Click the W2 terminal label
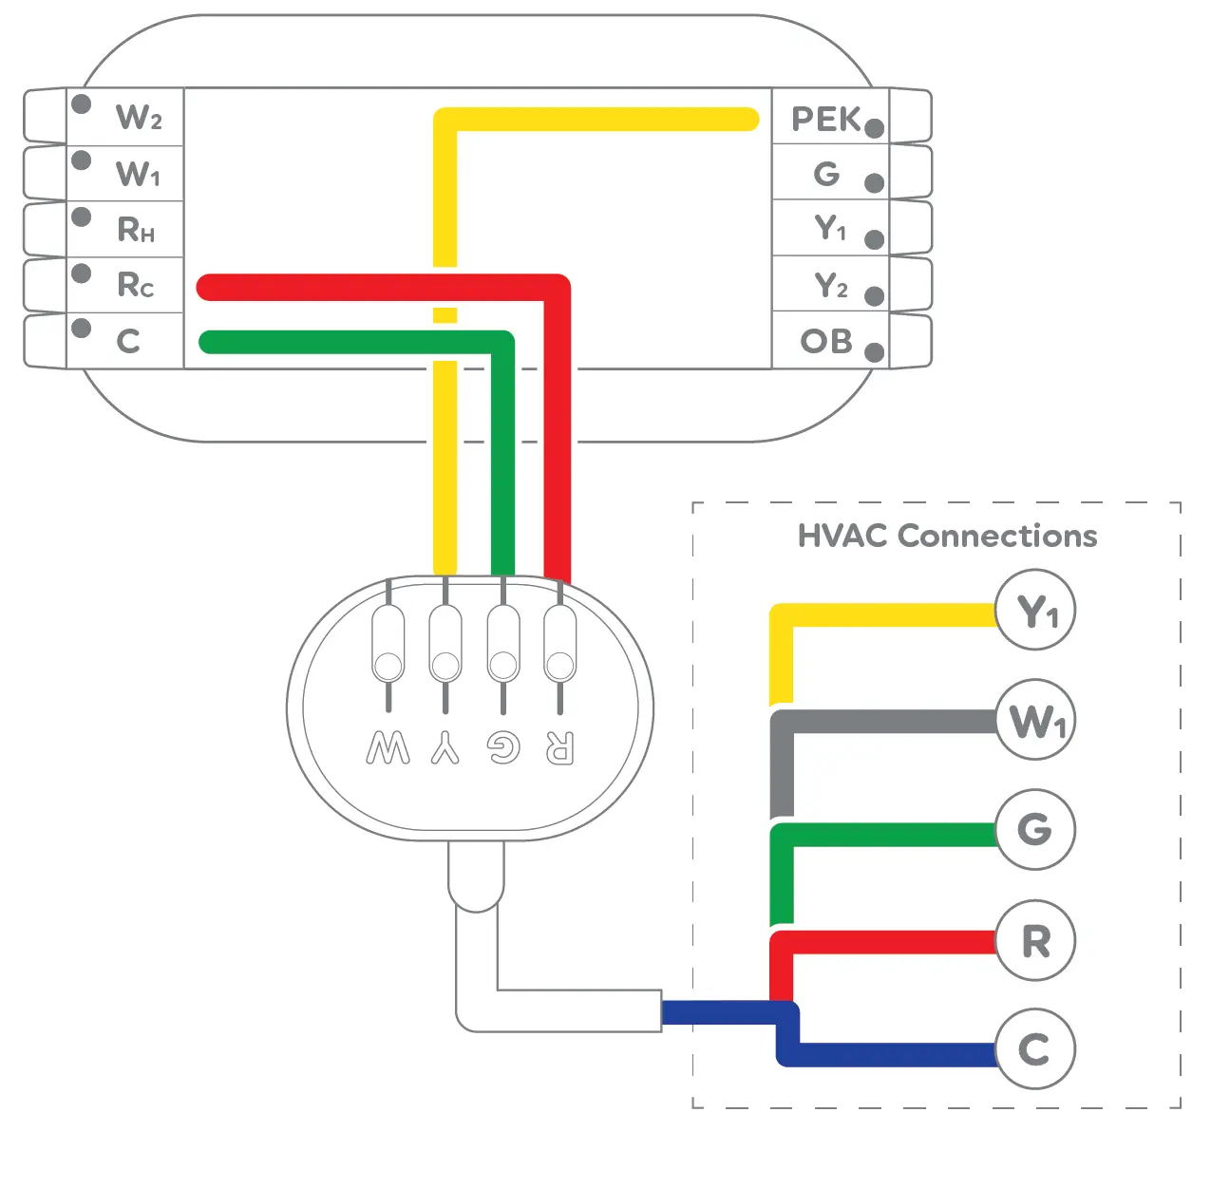139,117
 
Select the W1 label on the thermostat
139,174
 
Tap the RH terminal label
136,230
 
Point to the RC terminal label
136,285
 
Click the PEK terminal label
825,120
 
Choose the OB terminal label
826,342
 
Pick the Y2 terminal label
831,285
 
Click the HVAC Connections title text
947,537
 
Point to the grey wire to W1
883,722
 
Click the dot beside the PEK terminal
875,128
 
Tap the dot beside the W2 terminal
82,104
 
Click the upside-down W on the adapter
388,748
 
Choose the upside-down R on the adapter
559,748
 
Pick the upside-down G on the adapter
503,748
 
